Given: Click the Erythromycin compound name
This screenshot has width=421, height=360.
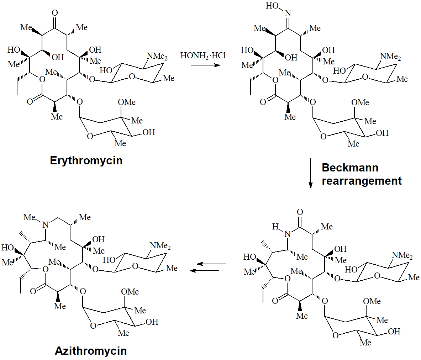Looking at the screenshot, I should (86, 160).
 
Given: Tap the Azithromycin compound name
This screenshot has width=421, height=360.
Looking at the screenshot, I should (91, 351).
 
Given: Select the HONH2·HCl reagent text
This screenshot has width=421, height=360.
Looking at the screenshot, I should (203, 56).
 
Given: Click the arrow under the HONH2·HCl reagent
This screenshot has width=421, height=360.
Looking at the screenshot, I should (205, 65).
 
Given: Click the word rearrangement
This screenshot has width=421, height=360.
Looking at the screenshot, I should (362, 181).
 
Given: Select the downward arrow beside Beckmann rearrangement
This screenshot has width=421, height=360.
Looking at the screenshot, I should (310, 173).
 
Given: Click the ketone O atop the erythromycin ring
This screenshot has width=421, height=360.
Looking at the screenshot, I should (54, 13).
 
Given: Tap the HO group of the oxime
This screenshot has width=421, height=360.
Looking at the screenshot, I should (272, 6).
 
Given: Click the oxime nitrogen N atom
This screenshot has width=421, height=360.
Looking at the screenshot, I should (288, 13).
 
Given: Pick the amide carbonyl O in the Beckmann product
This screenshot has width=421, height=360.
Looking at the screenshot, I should (300, 212).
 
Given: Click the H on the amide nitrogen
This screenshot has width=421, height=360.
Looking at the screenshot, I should (275, 227).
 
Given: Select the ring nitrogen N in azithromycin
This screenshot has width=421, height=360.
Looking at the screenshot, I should (45, 224).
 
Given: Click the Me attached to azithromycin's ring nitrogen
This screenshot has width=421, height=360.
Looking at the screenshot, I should (30, 217).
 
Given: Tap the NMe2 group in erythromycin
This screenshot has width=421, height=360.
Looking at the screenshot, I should (157, 57).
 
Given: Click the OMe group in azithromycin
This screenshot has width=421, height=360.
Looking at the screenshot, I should (130, 292).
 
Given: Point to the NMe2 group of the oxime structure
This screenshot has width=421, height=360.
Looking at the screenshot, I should (390, 57).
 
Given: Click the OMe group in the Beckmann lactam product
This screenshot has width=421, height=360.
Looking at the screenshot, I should (372, 301).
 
